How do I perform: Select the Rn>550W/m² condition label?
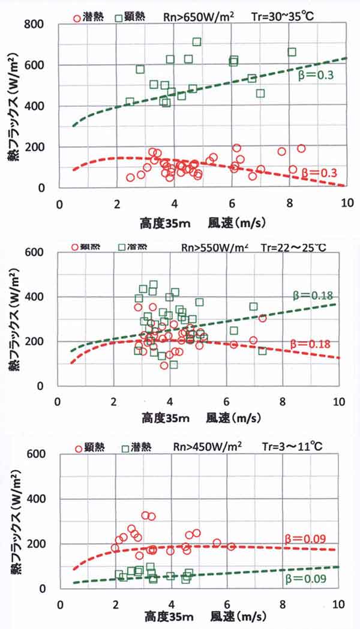(214, 246)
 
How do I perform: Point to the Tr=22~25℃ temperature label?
(295, 246)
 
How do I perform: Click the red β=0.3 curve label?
(319, 172)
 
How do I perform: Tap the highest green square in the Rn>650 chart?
(197, 42)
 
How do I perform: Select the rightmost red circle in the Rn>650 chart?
(301, 148)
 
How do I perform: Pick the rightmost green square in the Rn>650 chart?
(292, 52)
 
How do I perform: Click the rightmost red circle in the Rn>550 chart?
(262, 318)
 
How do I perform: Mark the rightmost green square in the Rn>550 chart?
(262, 351)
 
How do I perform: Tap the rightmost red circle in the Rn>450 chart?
(231, 546)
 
